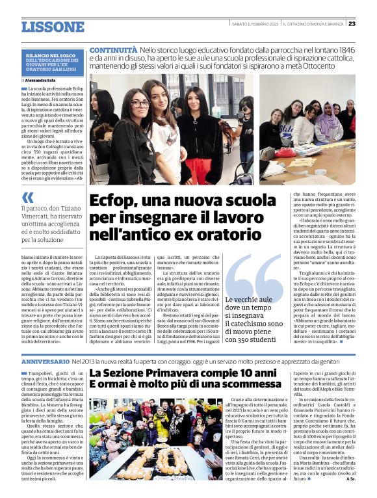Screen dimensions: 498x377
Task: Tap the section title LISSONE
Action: (x=53, y=27)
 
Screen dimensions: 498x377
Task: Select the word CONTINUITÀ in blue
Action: (x=113, y=49)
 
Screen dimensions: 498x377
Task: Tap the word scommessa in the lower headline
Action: (x=248, y=387)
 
